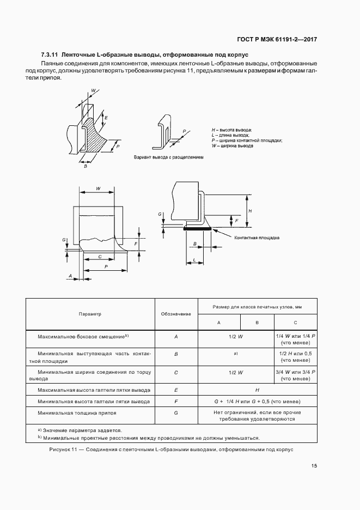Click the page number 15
click(314, 465)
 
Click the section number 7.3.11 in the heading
click(50, 55)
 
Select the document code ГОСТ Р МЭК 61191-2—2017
click(277, 39)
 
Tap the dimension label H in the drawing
click(249, 210)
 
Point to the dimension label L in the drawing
click(194, 261)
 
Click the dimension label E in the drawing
click(106, 118)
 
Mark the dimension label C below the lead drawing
click(100, 256)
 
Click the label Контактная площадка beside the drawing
click(257, 238)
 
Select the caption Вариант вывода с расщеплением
click(168, 157)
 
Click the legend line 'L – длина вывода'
click(231, 135)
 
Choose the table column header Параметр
click(90, 314)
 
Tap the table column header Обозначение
click(176, 314)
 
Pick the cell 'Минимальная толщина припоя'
click(74, 413)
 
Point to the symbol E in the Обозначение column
click(176, 390)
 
